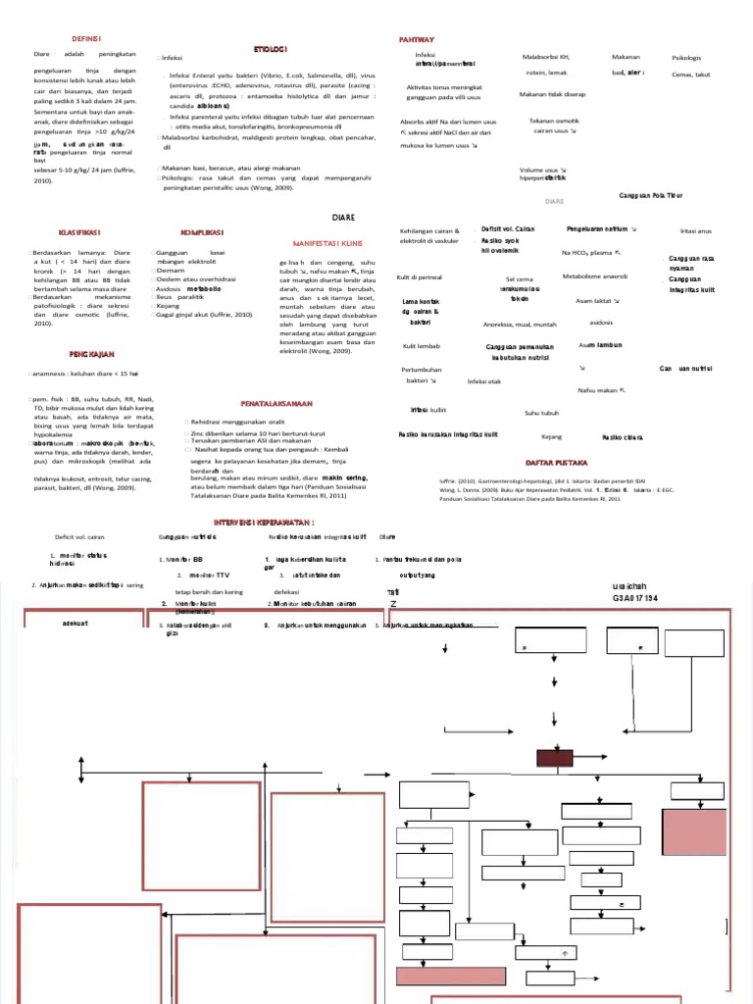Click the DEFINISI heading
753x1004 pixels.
point(88,37)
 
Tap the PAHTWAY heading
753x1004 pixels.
point(416,38)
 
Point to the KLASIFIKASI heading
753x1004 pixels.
point(82,232)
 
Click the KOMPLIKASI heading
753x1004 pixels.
point(202,232)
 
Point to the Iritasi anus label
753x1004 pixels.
point(695,230)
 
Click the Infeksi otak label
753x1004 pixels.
point(484,380)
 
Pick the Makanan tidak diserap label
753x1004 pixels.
point(552,95)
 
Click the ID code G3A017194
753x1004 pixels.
point(635,597)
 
